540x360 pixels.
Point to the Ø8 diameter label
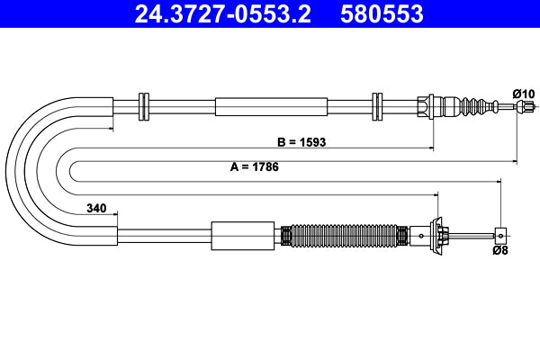(502, 252)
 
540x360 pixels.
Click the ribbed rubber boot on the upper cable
(473, 106)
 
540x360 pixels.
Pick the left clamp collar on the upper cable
(143, 106)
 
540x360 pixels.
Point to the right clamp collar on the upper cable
(377, 106)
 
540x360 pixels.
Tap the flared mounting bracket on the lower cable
(440, 236)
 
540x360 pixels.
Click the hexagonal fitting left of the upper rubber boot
(431, 106)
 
